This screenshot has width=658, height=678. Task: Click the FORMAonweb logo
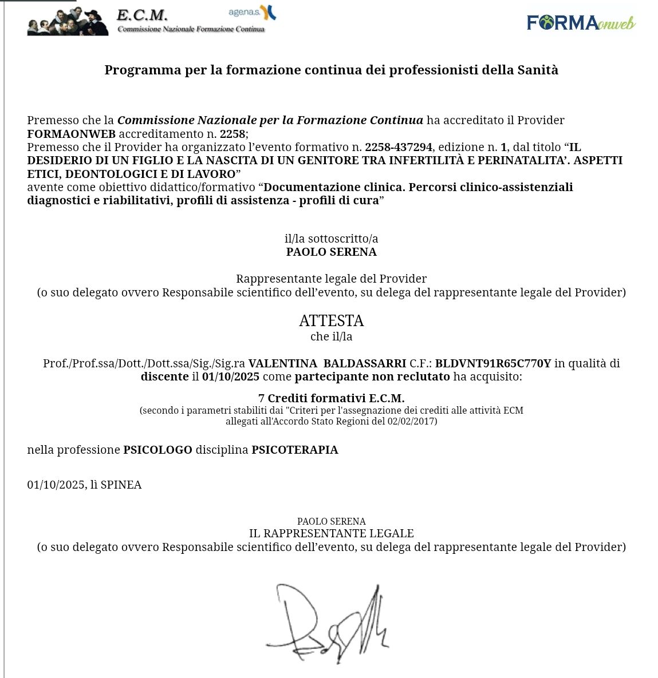[x=581, y=22]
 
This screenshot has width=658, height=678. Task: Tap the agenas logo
[x=251, y=13]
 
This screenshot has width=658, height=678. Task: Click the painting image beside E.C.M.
[x=68, y=22]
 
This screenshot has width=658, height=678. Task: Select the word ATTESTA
[x=331, y=320]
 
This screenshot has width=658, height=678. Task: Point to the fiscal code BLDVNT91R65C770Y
[x=492, y=363]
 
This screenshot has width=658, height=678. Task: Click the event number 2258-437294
[x=399, y=147]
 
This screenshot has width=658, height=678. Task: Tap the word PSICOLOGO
[x=157, y=450]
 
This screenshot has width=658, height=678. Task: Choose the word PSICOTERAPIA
[x=294, y=450]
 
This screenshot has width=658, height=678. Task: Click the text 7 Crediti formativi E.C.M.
[x=331, y=398]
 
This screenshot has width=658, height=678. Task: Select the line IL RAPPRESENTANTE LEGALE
[x=331, y=533]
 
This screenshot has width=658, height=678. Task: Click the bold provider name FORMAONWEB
[x=71, y=134]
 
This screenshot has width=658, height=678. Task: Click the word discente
[x=164, y=376]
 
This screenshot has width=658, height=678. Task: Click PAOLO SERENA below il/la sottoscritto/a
[x=331, y=252]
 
